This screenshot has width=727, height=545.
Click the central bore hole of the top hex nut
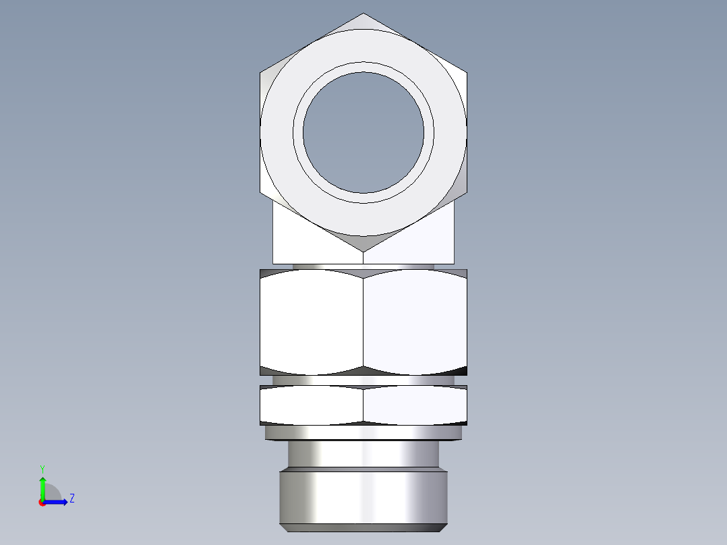tap(363, 132)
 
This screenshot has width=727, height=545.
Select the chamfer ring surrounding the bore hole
tap(363, 67)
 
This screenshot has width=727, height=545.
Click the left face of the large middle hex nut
tap(312, 322)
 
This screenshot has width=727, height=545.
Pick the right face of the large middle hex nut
tap(415, 322)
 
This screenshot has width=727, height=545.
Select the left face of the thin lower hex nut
tap(312, 405)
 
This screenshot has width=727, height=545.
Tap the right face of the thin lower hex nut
tap(415, 405)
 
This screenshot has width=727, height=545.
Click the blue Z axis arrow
tap(58, 502)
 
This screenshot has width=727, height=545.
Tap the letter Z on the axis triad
tap(71, 498)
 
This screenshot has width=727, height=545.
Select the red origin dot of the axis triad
tap(42, 503)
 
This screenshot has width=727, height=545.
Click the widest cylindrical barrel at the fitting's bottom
tap(363, 497)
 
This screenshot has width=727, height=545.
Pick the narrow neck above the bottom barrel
tap(363, 453)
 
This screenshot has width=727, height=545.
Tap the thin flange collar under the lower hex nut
tap(363, 432)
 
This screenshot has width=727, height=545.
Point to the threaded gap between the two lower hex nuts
tap(363, 380)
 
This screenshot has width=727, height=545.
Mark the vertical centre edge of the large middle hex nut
tap(363, 322)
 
